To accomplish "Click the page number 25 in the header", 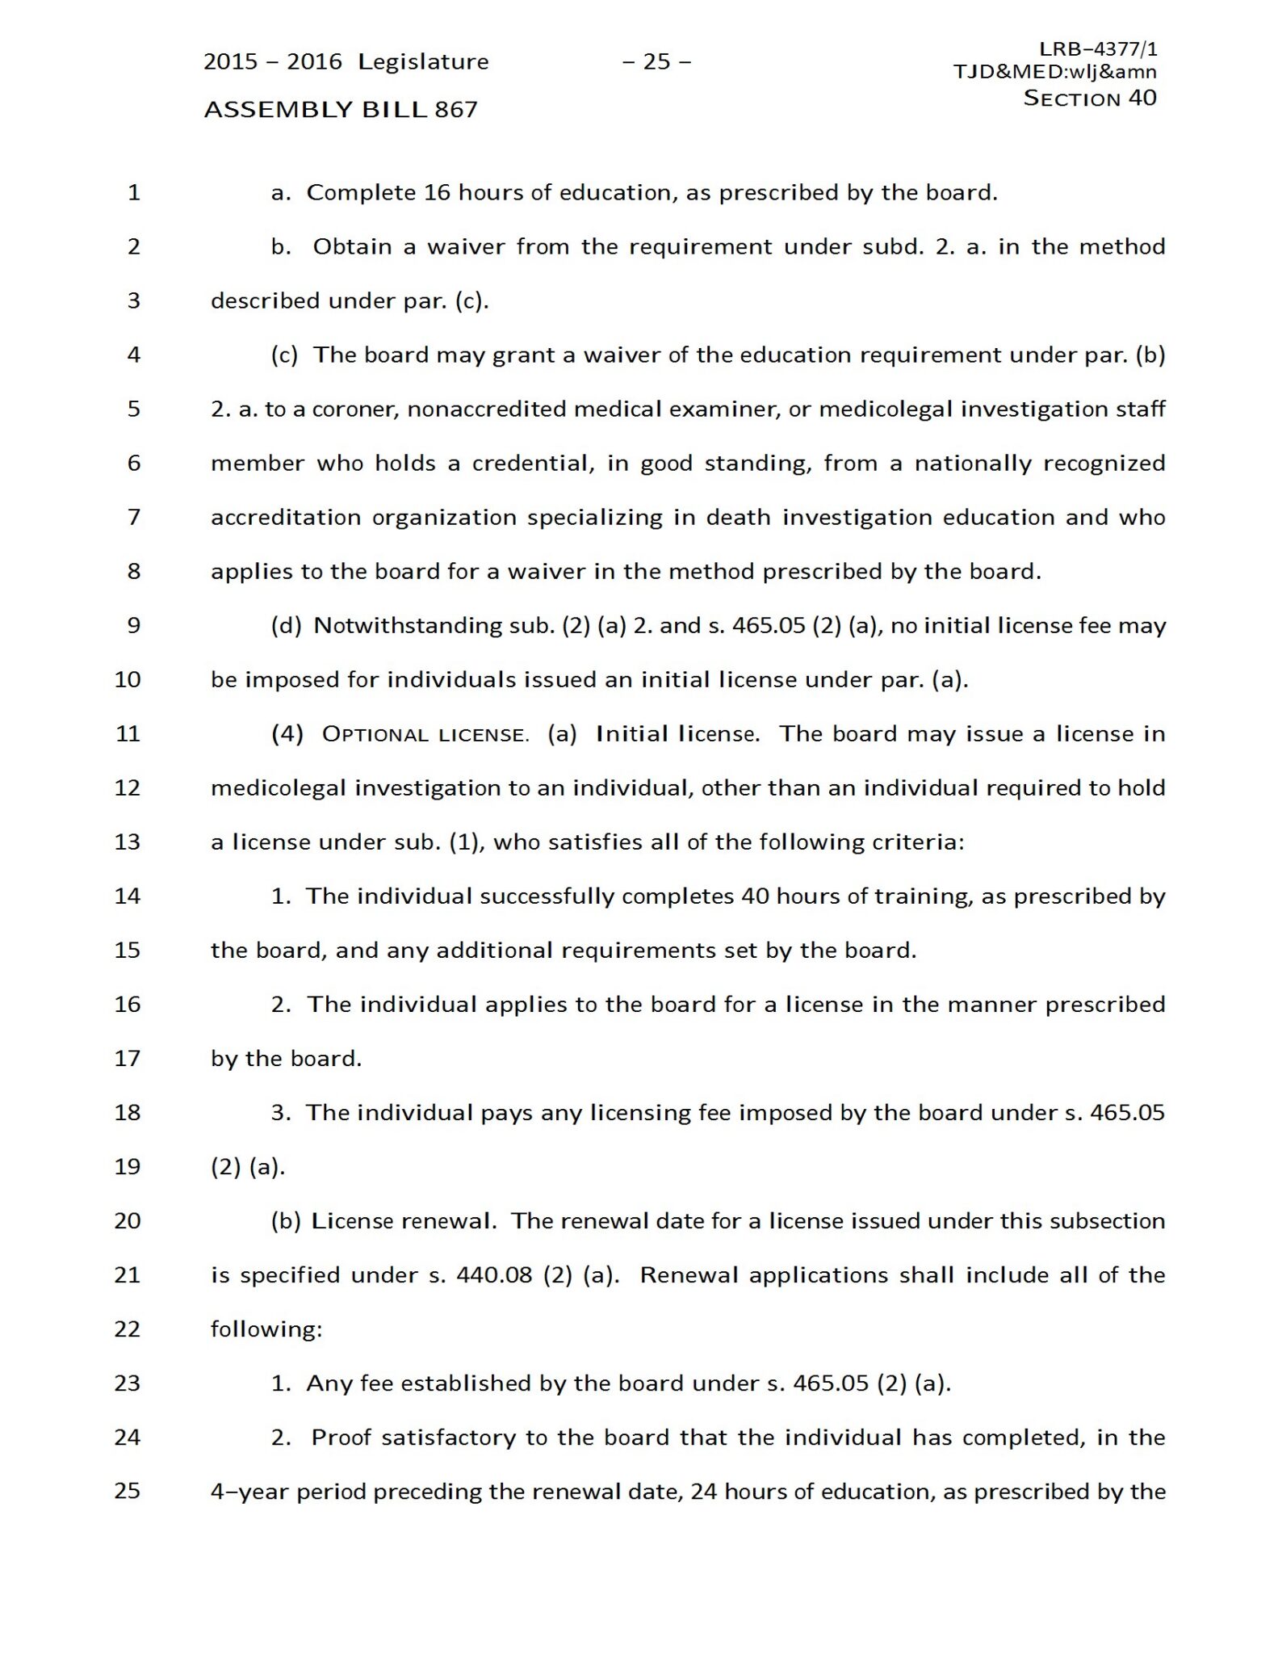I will pos(656,61).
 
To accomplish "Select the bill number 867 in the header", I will pos(456,109).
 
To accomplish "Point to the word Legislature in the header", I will pos(423,61).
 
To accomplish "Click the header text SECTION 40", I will pos(1089,98).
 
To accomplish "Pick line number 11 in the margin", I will pos(128,733).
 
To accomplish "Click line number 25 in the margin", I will pos(128,1490).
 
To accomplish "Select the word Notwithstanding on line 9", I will pos(408,625).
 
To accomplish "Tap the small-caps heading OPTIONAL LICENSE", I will pos(425,734).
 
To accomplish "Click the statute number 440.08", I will pos(494,1274).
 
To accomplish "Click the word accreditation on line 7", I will pos(286,517).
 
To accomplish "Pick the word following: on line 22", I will pos(266,1329).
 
